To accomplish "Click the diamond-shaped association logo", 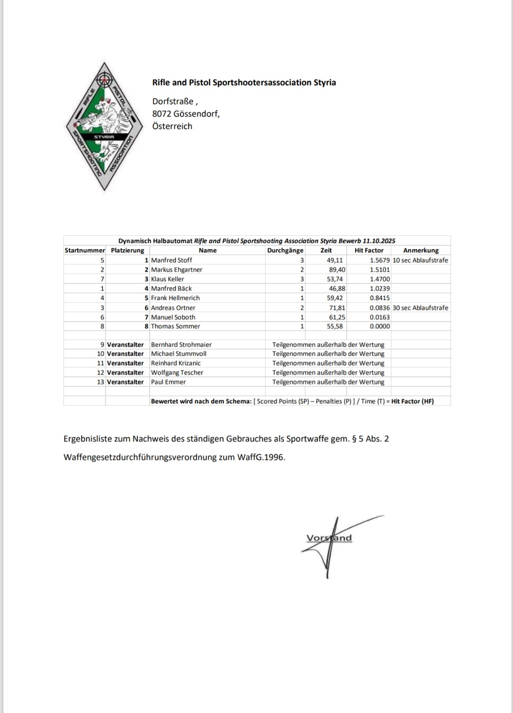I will click(x=104, y=127).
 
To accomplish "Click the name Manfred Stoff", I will click(x=172, y=260).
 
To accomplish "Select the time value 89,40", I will click(x=337, y=270).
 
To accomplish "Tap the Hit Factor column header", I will click(x=369, y=250).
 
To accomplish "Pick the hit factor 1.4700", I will click(x=380, y=279).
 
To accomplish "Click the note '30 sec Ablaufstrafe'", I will click(x=420, y=308).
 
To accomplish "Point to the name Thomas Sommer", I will click(x=175, y=326).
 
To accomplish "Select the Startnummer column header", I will click(x=84, y=250).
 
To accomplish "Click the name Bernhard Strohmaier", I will click(x=181, y=344).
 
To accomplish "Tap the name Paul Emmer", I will click(x=168, y=382).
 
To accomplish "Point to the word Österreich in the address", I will click(x=172, y=126).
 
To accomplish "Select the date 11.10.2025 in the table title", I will click(x=379, y=241).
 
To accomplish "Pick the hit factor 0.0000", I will click(x=380, y=326).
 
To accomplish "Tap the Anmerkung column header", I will click(x=421, y=250).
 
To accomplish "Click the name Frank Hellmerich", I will click(x=175, y=298).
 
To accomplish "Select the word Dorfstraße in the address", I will click(x=173, y=101).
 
